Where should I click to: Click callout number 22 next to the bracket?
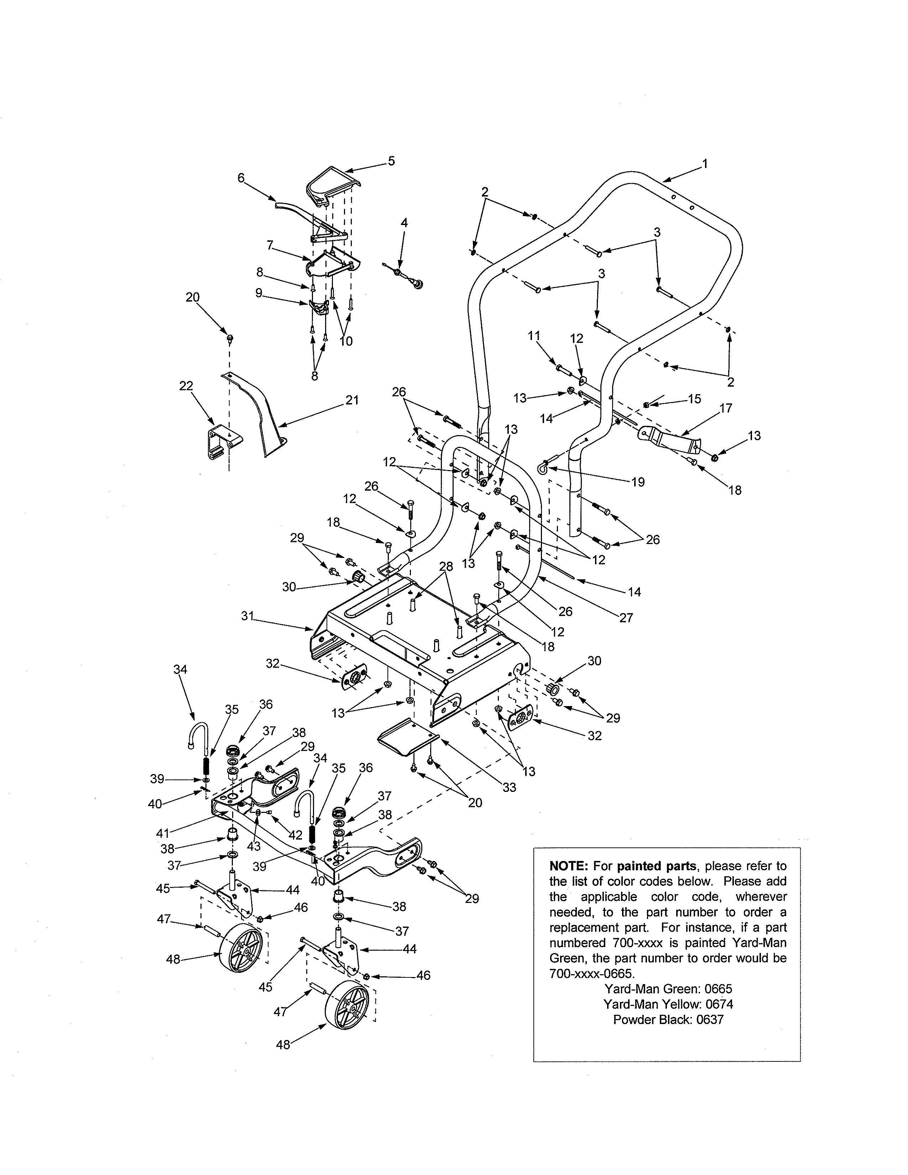(186, 386)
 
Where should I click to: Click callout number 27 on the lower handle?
(626, 618)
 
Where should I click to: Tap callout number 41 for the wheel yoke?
(162, 834)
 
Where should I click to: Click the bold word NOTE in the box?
(569, 866)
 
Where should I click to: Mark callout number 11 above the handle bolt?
(534, 336)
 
